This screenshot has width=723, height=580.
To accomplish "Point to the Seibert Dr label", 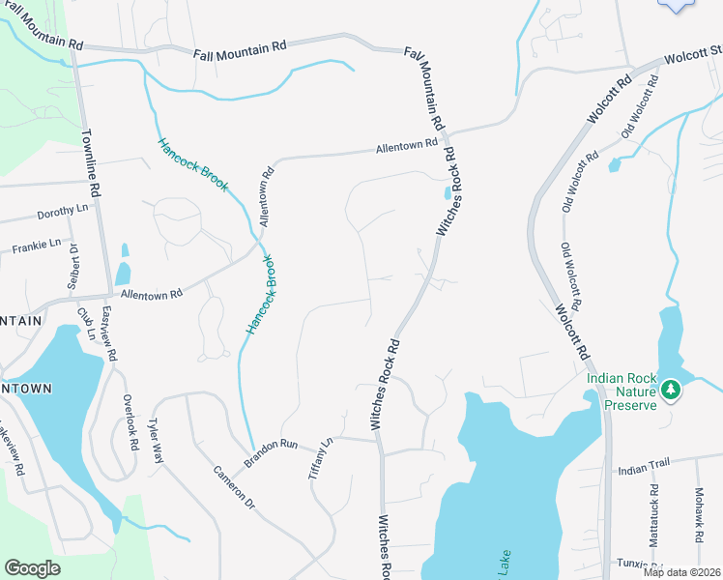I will click(x=72, y=267).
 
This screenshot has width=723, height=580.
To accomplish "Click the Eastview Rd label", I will click(x=109, y=334).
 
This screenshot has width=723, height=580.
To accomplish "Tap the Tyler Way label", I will click(x=156, y=441).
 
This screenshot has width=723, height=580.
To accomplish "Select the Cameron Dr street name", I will click(x=235, y=490).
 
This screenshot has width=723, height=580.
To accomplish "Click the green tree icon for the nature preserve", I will click(x=670, y=390).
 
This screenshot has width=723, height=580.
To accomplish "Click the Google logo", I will click(x=32, y=567).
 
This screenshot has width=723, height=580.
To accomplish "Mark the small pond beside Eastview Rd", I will click(x=123, y=275).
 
